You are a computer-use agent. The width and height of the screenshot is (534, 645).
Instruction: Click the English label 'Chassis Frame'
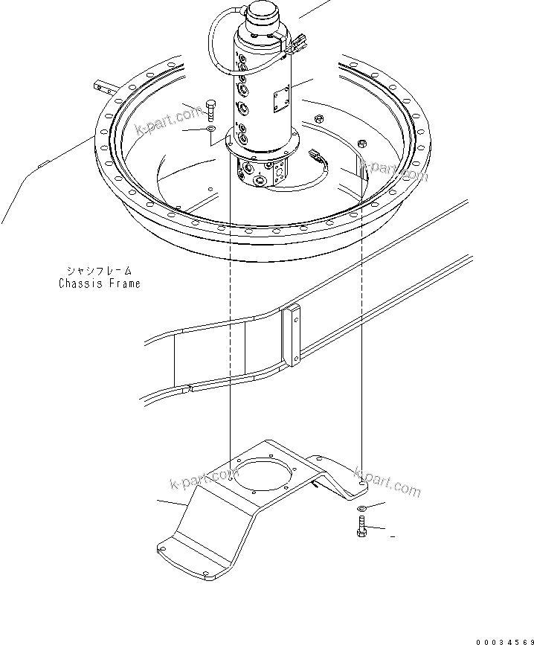(99, 283)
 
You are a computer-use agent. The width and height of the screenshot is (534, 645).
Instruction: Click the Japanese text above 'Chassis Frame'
(99, 272)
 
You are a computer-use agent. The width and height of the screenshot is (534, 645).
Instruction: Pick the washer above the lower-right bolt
(361, 508)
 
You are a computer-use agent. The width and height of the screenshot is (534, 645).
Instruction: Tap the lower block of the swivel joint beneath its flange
(261, 173)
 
